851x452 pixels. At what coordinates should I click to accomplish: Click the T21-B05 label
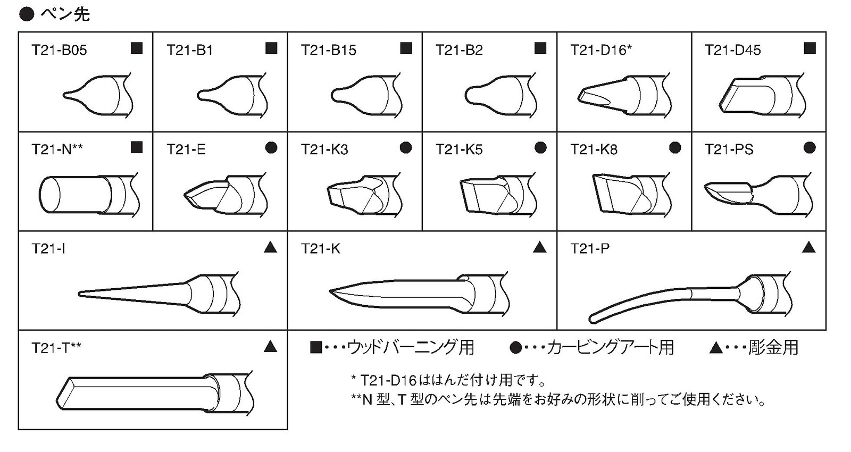click(59, 50)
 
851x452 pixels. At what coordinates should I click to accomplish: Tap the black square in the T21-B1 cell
click(271, 48)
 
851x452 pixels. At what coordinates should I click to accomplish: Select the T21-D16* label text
click(601, 50)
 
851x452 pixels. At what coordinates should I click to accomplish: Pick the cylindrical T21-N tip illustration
click(89, 196)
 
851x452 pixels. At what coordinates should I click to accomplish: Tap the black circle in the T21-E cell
click(271, 148)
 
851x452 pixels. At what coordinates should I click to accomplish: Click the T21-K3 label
click(324, 149)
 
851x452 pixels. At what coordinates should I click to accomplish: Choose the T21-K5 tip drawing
click(498, 195)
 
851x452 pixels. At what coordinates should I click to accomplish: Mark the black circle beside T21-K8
click(675, 148)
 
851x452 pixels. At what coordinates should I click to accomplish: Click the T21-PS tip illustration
click(758, 195)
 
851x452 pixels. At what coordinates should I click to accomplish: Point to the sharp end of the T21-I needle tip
click(80, 294)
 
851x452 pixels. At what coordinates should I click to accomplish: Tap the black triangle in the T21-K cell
click(540, 248)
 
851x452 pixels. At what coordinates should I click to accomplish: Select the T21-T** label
click(56, 348)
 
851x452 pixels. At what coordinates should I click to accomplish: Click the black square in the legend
click(316, 347)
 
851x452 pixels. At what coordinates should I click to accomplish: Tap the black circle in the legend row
click(515, 347)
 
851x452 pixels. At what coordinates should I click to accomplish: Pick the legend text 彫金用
click(773, 347)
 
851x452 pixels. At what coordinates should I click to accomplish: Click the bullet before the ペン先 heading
click(27, 14)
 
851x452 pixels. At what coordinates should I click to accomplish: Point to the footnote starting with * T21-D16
click(448, 380)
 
